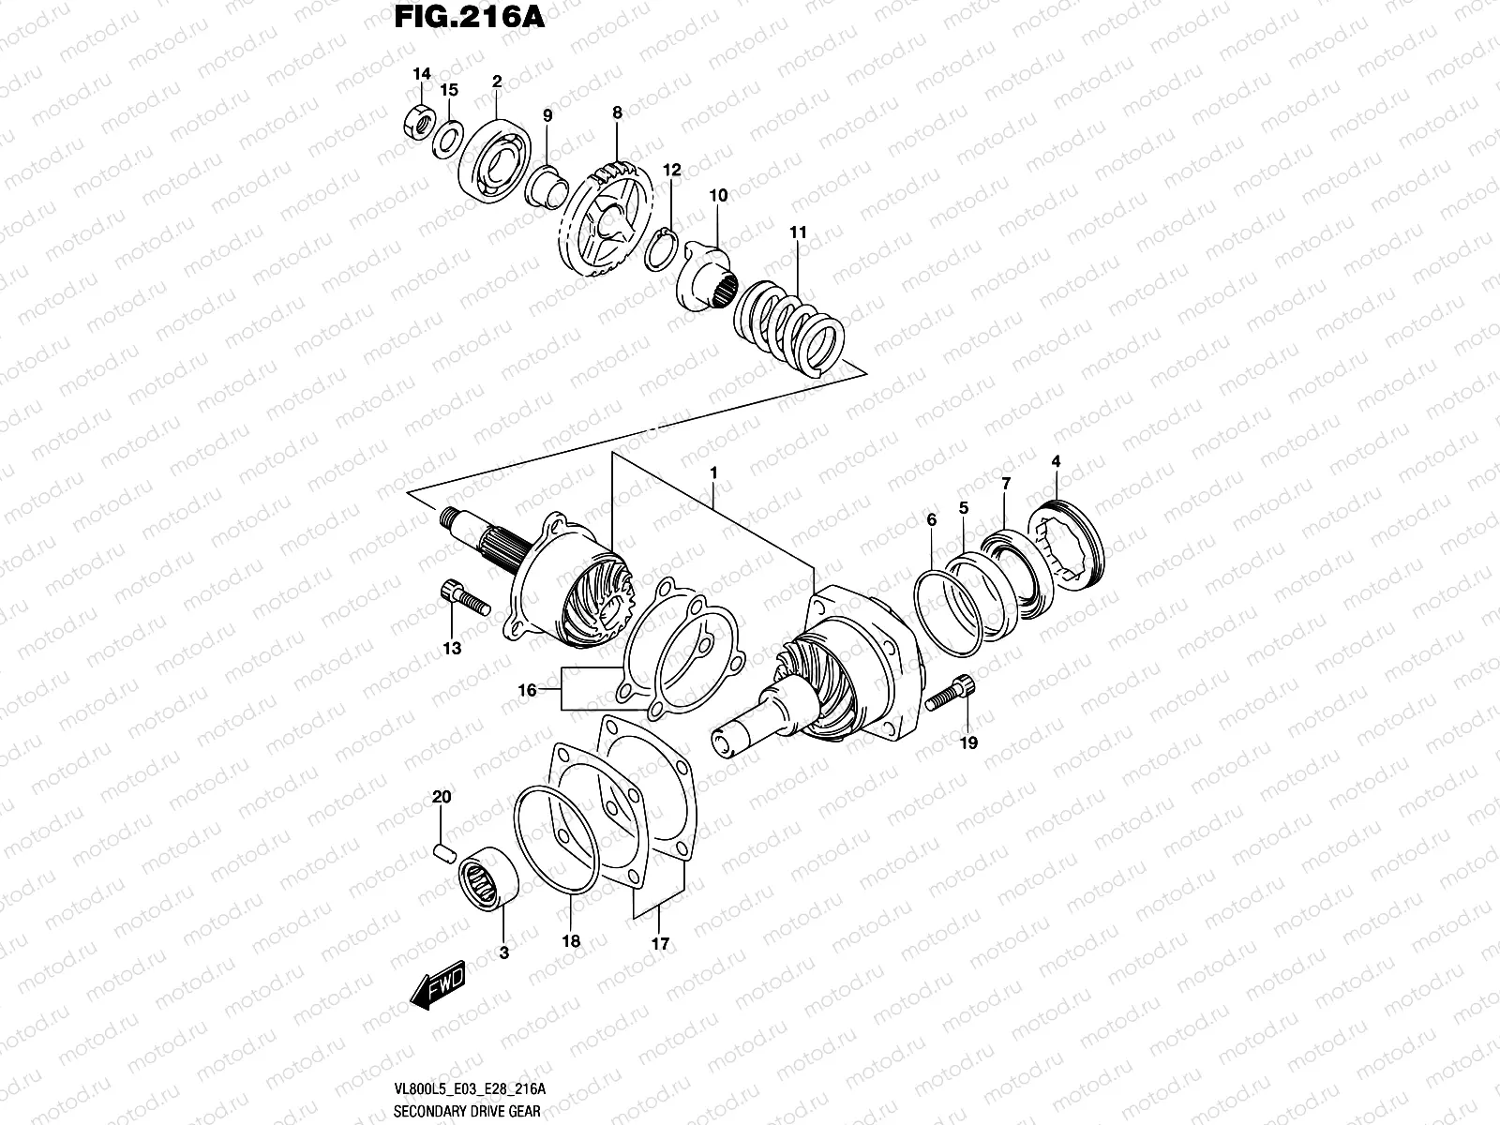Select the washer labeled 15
447,139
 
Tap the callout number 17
660,944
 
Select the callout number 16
528,690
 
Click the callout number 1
712,474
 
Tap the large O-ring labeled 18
555,840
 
